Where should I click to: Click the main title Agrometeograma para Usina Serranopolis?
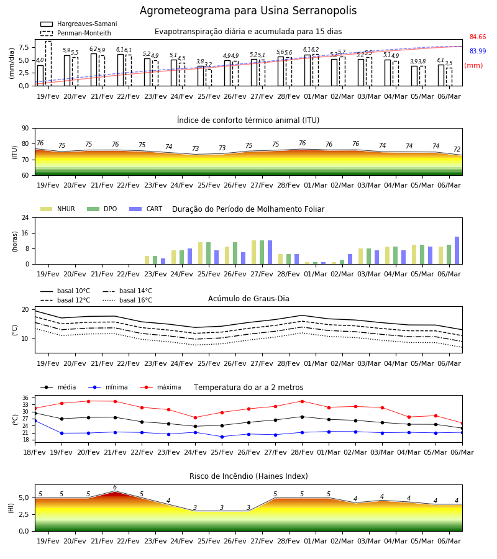point(248,11)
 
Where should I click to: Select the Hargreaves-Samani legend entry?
point(78,24)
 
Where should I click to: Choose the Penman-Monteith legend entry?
point(76,33)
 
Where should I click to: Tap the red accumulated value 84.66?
point(478,37)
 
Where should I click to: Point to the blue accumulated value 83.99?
point(478,51)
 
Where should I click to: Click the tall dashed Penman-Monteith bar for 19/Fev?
point(48,63)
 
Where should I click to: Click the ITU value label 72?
point(457,149)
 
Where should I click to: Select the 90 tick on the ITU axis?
point(25,129)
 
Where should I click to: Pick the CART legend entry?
point(146,209)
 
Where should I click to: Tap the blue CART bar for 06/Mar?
point(457,250)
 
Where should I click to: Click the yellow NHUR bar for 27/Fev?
point(254,252)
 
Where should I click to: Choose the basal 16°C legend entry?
point(127,300)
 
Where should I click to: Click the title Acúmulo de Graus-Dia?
point(248,298)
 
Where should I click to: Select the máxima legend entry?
point(160,387)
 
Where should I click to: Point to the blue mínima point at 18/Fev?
point(35,421)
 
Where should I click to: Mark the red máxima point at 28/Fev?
point(303,401)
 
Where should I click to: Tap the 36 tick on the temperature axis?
point(25,398)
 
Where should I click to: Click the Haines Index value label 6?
point(115,488)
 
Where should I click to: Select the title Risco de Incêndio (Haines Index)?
point(248,476)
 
